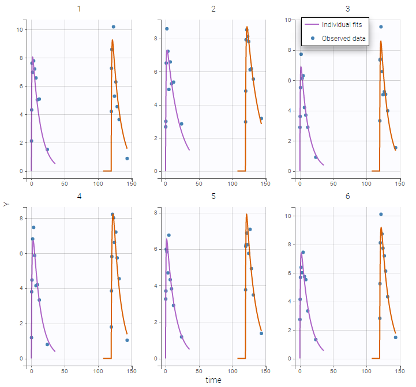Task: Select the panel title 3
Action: pos(347,9)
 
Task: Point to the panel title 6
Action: pos(347,197)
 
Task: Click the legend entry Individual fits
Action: pos(341,25)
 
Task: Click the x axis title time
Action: pos(213,380)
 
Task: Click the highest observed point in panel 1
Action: pos(113,27)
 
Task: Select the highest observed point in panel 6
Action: pos(381,214)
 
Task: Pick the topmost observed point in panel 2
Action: pos(167,29)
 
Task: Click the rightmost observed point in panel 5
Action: pos(261,333)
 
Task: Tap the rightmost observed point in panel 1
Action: pos(127,158)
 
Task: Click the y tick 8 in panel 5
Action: pos(156,213)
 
